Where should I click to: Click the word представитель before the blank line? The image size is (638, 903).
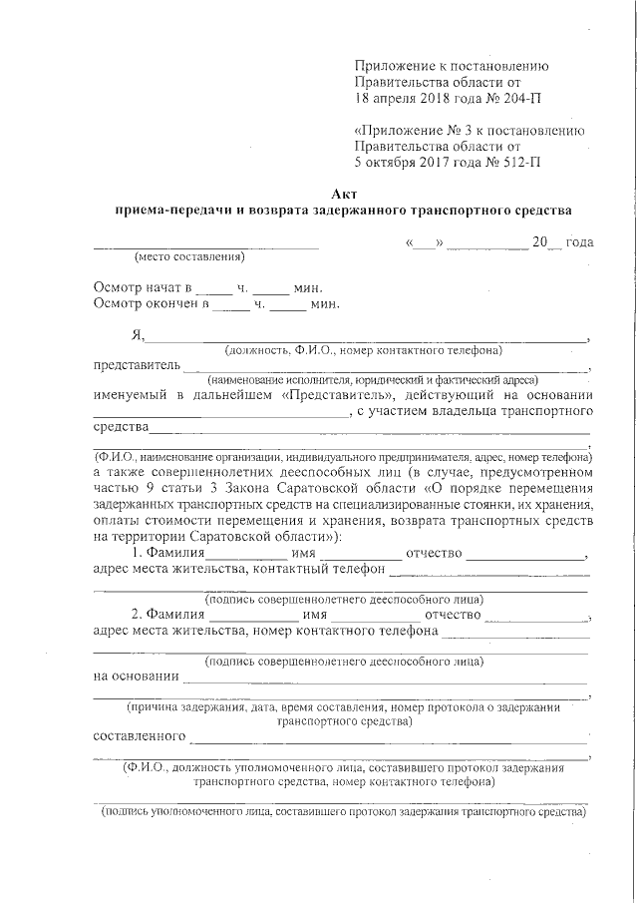coord(136,365)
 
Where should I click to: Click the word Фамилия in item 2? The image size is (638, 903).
coord(176,614)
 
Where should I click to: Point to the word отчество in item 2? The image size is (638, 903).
coord(452,614)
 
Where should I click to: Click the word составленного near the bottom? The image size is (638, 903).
coord(139,736)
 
